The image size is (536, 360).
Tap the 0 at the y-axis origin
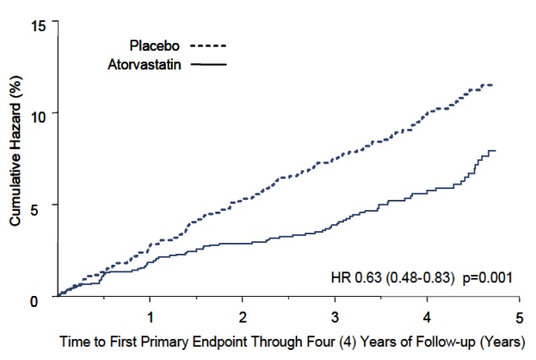click(x=42, y=298)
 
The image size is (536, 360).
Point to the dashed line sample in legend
click(x=210, y=46)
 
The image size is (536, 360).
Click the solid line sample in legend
click(x=210, y=64)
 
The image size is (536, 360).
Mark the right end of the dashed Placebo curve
click(x=492, y=84)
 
